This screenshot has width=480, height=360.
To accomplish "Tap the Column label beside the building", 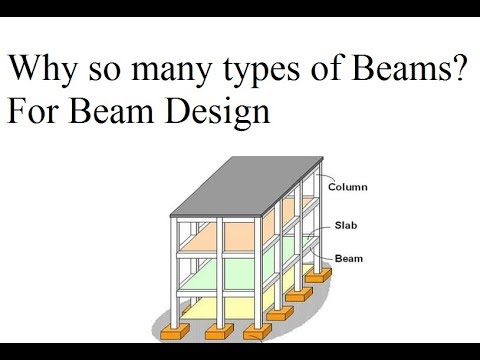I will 347,186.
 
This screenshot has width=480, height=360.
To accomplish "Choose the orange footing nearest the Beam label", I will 321,271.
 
